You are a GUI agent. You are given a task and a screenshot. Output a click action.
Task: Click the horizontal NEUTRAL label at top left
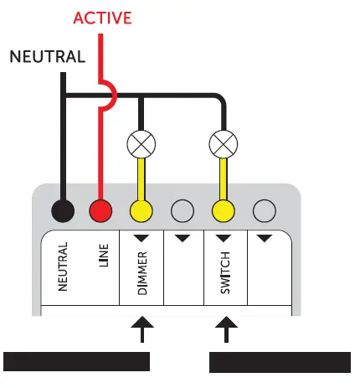(47, 58)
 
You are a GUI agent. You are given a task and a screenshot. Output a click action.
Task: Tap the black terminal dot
(60, 210)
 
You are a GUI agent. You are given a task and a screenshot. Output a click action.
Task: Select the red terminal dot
(100, 210)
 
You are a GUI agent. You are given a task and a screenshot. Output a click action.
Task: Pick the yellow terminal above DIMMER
(141, 210)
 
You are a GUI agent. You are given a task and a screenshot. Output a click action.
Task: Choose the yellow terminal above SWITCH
(223, 210)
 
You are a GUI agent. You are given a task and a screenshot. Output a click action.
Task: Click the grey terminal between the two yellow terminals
(182, 210)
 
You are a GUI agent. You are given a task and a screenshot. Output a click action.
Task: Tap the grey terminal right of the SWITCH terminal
(264, 210)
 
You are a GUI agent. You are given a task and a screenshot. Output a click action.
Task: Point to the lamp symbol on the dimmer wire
(141, 144)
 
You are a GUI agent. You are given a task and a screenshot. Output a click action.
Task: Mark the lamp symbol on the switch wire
(223, 144)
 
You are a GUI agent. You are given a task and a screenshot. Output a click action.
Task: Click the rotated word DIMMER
(142, 270)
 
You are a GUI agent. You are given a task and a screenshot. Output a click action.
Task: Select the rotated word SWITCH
(224, 270)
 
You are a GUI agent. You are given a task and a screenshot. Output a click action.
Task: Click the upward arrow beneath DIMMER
(142, 329)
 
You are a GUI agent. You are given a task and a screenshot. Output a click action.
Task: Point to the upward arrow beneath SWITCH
(224, 329)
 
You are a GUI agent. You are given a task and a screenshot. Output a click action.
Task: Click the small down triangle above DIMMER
(141, 238)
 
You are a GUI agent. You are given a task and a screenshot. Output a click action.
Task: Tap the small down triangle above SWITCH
(223, 238)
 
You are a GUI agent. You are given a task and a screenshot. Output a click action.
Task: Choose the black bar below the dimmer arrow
(77, 361)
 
